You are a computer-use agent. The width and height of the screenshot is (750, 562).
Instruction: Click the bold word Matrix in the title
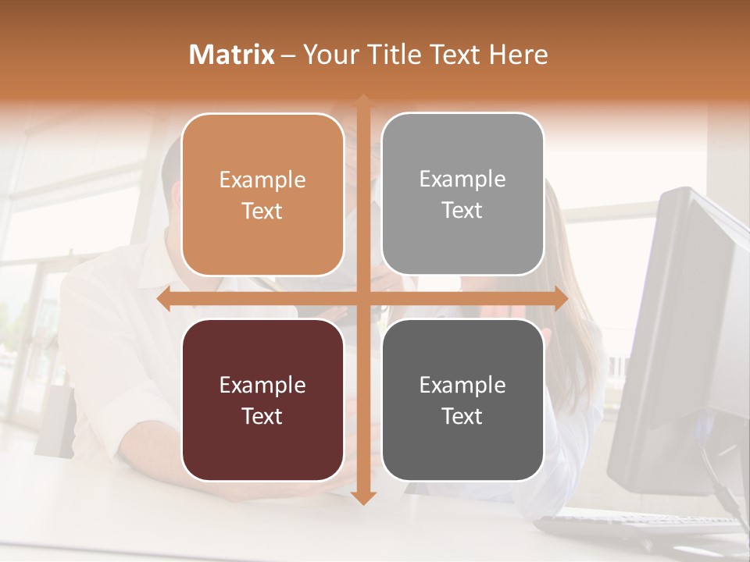[x=232, y=55]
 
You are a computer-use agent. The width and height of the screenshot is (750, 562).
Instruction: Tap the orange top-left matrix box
[x=262, y=194]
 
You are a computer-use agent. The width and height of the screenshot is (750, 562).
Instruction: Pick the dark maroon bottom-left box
[x=262, y=400]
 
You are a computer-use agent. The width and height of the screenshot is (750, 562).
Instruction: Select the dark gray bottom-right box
[x=462, y=400]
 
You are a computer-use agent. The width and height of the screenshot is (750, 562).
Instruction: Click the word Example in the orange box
[x=262, y=180]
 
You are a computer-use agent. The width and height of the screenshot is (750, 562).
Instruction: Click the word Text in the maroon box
[x=262, y=416]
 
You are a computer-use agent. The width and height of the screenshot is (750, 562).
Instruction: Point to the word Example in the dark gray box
[x=462, y=385]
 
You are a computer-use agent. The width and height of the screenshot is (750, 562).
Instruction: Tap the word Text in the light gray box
[x=462, y=210]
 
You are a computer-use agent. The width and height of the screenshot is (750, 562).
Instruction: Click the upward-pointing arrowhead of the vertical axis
[x=363, y=101]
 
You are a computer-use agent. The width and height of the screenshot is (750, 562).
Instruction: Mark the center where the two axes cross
[x=363, y=299]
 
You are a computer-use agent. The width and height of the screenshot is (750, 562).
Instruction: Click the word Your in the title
[x=329, y=55]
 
